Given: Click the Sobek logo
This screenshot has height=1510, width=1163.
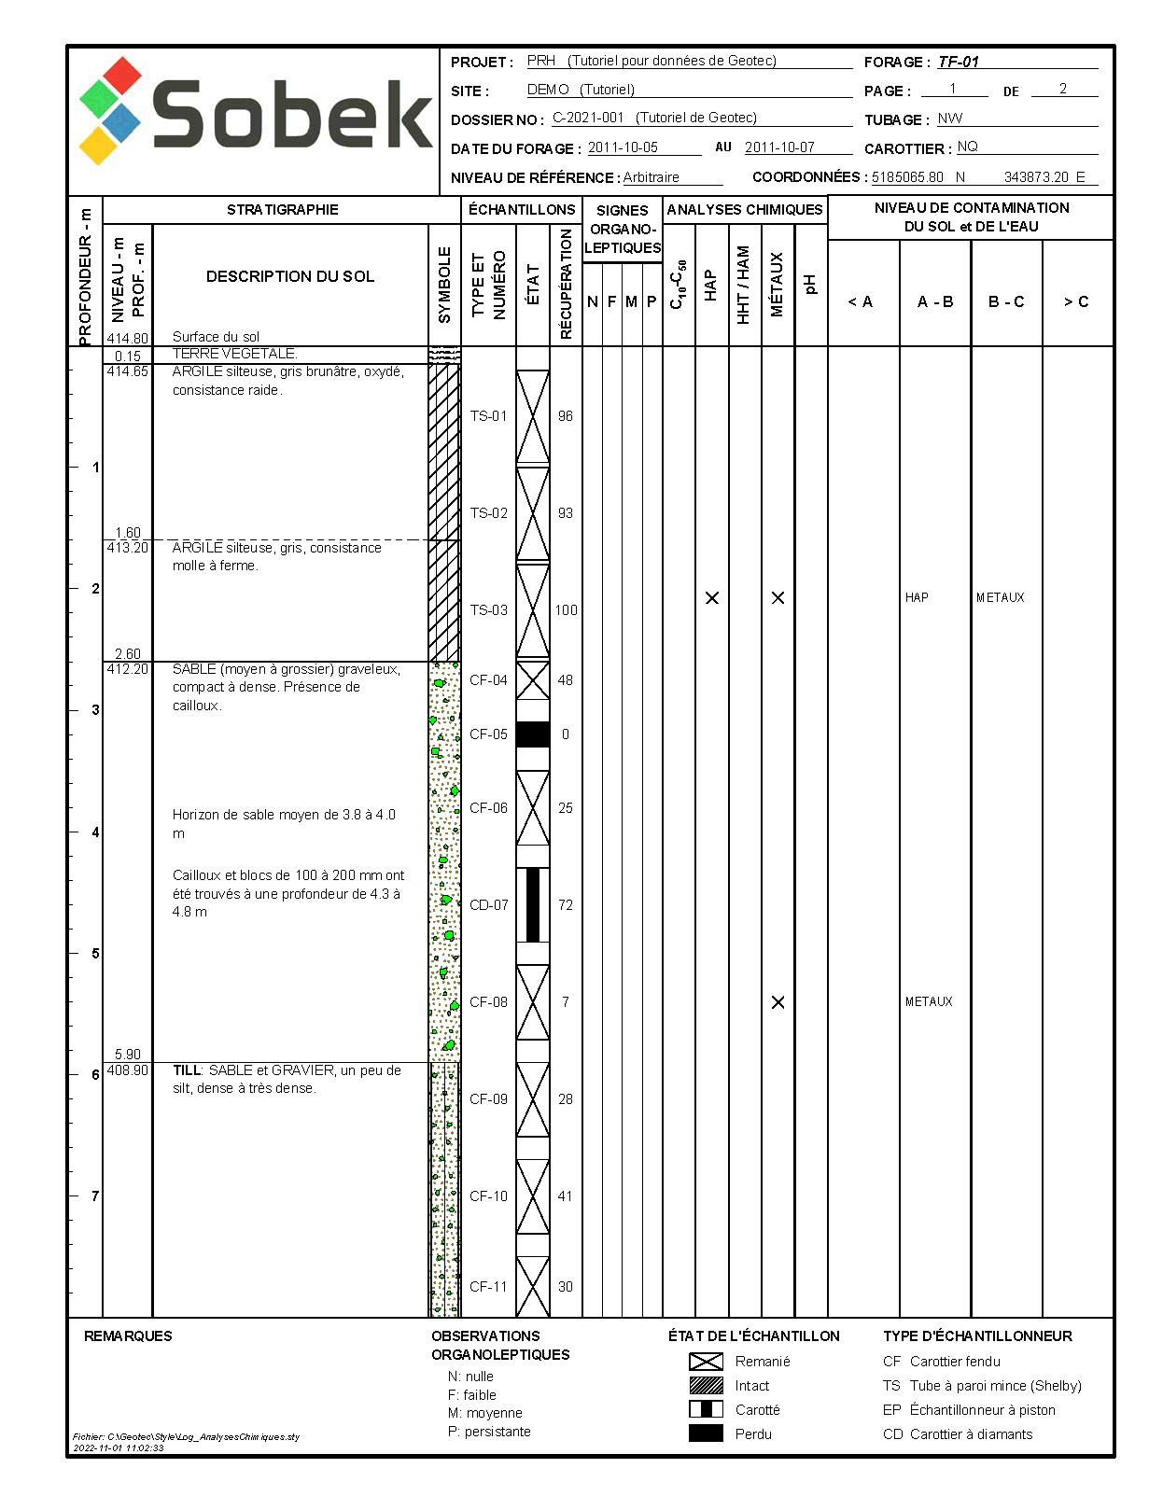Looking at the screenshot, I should [x=254, y=114].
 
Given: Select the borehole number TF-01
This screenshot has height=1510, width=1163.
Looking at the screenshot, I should [x=959, y=63].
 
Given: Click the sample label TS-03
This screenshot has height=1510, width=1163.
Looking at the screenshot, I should [x=489, y=610].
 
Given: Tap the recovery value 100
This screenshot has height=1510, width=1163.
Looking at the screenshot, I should [x=566, y=610].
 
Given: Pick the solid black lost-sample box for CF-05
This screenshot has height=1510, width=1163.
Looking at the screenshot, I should [x=533, y=734].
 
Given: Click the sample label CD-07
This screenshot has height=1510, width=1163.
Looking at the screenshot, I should [x=489, y=905].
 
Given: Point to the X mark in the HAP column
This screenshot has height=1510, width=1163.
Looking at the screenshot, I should [x=712, y=597].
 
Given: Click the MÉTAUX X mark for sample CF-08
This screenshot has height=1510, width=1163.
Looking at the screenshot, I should [x=778, y=1002].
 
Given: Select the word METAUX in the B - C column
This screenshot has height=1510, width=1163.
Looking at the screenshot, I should [x=1001, y=597].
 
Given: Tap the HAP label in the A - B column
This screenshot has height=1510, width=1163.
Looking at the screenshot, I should [x=917, y=597].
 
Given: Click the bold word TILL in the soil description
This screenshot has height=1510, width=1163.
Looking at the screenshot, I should [x=187, y=1070].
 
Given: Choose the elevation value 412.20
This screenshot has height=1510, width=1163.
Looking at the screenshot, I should [x=128, y=669].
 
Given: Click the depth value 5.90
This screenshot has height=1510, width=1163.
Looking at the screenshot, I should [x=128, y=1054].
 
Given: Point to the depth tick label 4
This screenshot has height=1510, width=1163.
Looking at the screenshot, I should [x=95, y=832].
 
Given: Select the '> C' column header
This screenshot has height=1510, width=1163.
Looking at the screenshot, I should [x=1076, y=301].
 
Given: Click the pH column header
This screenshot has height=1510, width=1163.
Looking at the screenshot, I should [x=810, y=285].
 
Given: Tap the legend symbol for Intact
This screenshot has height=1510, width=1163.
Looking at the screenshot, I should [x=706, y=1386].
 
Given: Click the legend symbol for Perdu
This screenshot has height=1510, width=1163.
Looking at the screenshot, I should [x=706, y=1433].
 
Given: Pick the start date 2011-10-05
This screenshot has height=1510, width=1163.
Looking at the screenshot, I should [x=623, y=147].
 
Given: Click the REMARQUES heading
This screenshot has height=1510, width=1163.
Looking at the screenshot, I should [x=128, y=1336].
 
